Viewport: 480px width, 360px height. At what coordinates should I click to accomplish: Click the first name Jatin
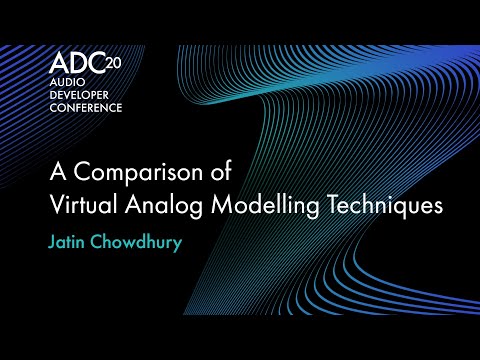pyautogui.click(x=68, y=243)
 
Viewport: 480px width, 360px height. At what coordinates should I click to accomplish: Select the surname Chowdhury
pyautogui.click(x=140, y=243)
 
